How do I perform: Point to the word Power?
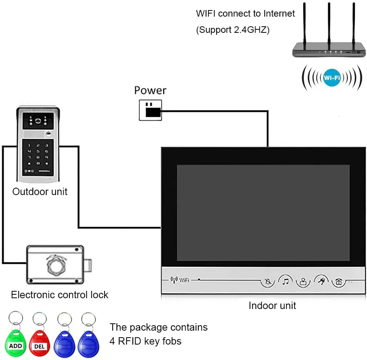[x=150, y=90]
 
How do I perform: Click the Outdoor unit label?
[x=40, y=192]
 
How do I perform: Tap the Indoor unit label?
[x=272, y=306]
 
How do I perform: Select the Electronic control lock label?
[x=59, y=295]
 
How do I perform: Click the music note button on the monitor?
[x=286, y=281]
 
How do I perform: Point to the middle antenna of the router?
[x=329, y=23]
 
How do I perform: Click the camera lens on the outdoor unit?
[x=38, y=121]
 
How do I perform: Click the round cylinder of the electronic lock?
[x=55, y=265]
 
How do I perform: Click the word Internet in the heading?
[x=279, y=14]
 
